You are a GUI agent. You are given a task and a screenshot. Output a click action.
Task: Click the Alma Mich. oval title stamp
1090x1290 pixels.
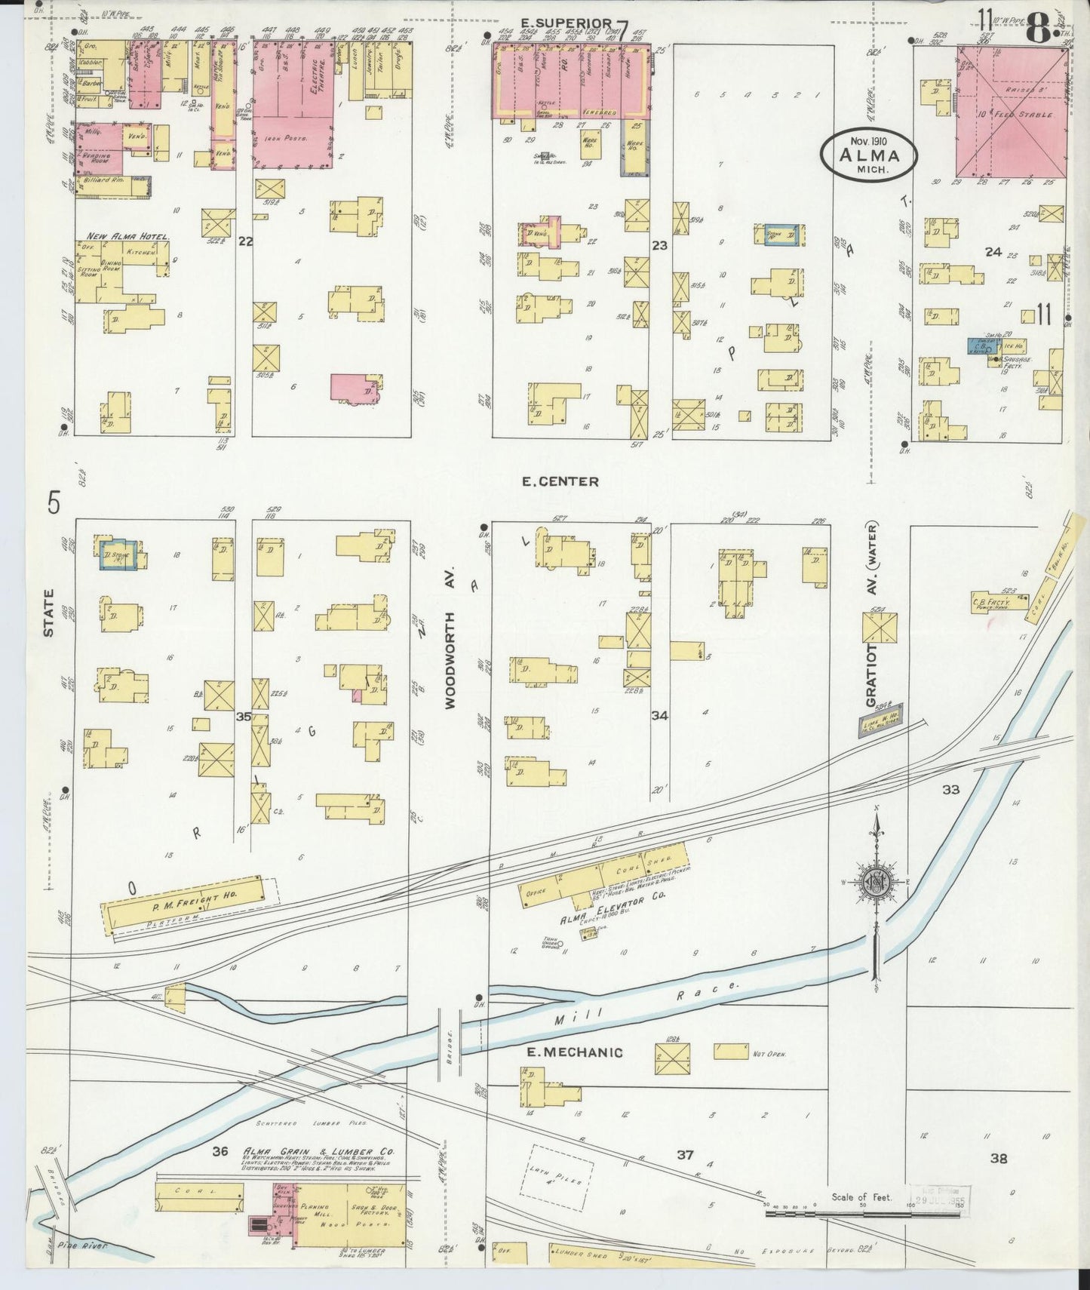(x=870, y=155)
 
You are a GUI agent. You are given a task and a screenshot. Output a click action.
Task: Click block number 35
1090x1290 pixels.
(x=243, y=716)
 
